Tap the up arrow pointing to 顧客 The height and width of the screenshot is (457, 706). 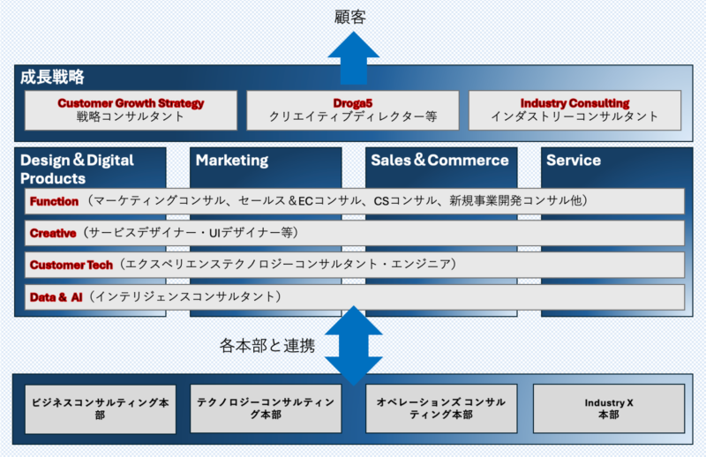click(x=353, y=58)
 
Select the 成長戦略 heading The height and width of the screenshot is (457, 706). click(x=52, y=78)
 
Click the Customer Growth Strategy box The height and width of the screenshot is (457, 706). click(x=131, y=109)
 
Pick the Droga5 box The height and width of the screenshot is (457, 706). click(x=352, y=109)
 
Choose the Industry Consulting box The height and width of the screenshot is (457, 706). click(x=575, y=109)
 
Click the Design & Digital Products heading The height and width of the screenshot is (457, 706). click(x=77, y=169)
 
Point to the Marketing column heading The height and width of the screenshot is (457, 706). click(x=232, y=161)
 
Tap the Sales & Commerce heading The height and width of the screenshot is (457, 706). click(x=439, y=161)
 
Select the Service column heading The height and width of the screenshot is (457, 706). click(x=573, y=161)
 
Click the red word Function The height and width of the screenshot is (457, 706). click(x=54, y=201)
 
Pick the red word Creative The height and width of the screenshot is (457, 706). click(x=52, y=233)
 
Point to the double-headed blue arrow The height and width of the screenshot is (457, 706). click(x=353, y=345)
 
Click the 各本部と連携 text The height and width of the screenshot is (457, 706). click(x=267, y=346)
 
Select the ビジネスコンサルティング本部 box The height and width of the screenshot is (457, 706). click(x=101, y=408)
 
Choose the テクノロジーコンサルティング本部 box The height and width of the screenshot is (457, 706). click(x=266, y=408)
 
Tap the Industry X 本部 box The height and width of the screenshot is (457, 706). click(x=609, y=408)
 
